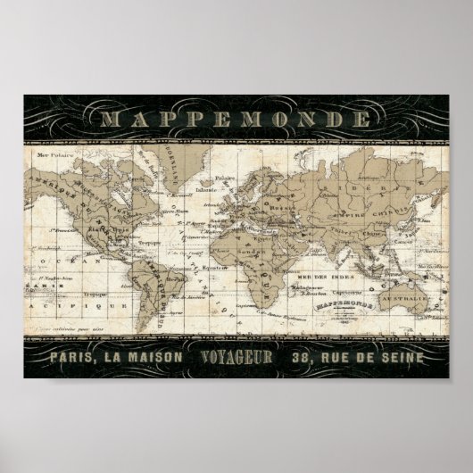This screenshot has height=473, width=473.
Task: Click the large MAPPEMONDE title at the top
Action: (236, 119)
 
